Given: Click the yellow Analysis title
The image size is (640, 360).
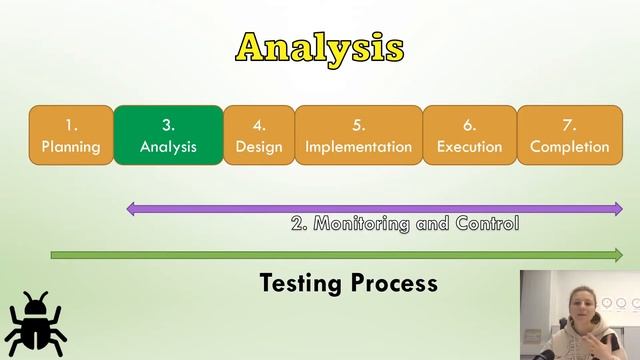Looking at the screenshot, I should (320, 47).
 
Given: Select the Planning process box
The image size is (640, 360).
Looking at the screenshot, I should (71, 135).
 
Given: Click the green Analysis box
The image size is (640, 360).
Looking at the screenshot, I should (168, 135).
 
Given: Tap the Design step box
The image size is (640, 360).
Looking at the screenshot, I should (259, 135).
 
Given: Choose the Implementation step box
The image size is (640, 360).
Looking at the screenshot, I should (358, 135).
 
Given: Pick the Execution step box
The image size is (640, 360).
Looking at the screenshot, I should (469, 135).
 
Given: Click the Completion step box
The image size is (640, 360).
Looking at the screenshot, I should (569, 135).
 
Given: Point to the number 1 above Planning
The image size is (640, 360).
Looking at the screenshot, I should (71, 125).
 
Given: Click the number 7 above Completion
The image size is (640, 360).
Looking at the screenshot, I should (569, 125).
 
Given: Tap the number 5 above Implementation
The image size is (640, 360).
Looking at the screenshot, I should (358, 125).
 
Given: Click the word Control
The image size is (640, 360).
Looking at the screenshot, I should (487, 224).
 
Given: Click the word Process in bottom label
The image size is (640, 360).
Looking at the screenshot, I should (395, 284).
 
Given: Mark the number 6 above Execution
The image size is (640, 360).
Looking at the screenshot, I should (469, 125).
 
